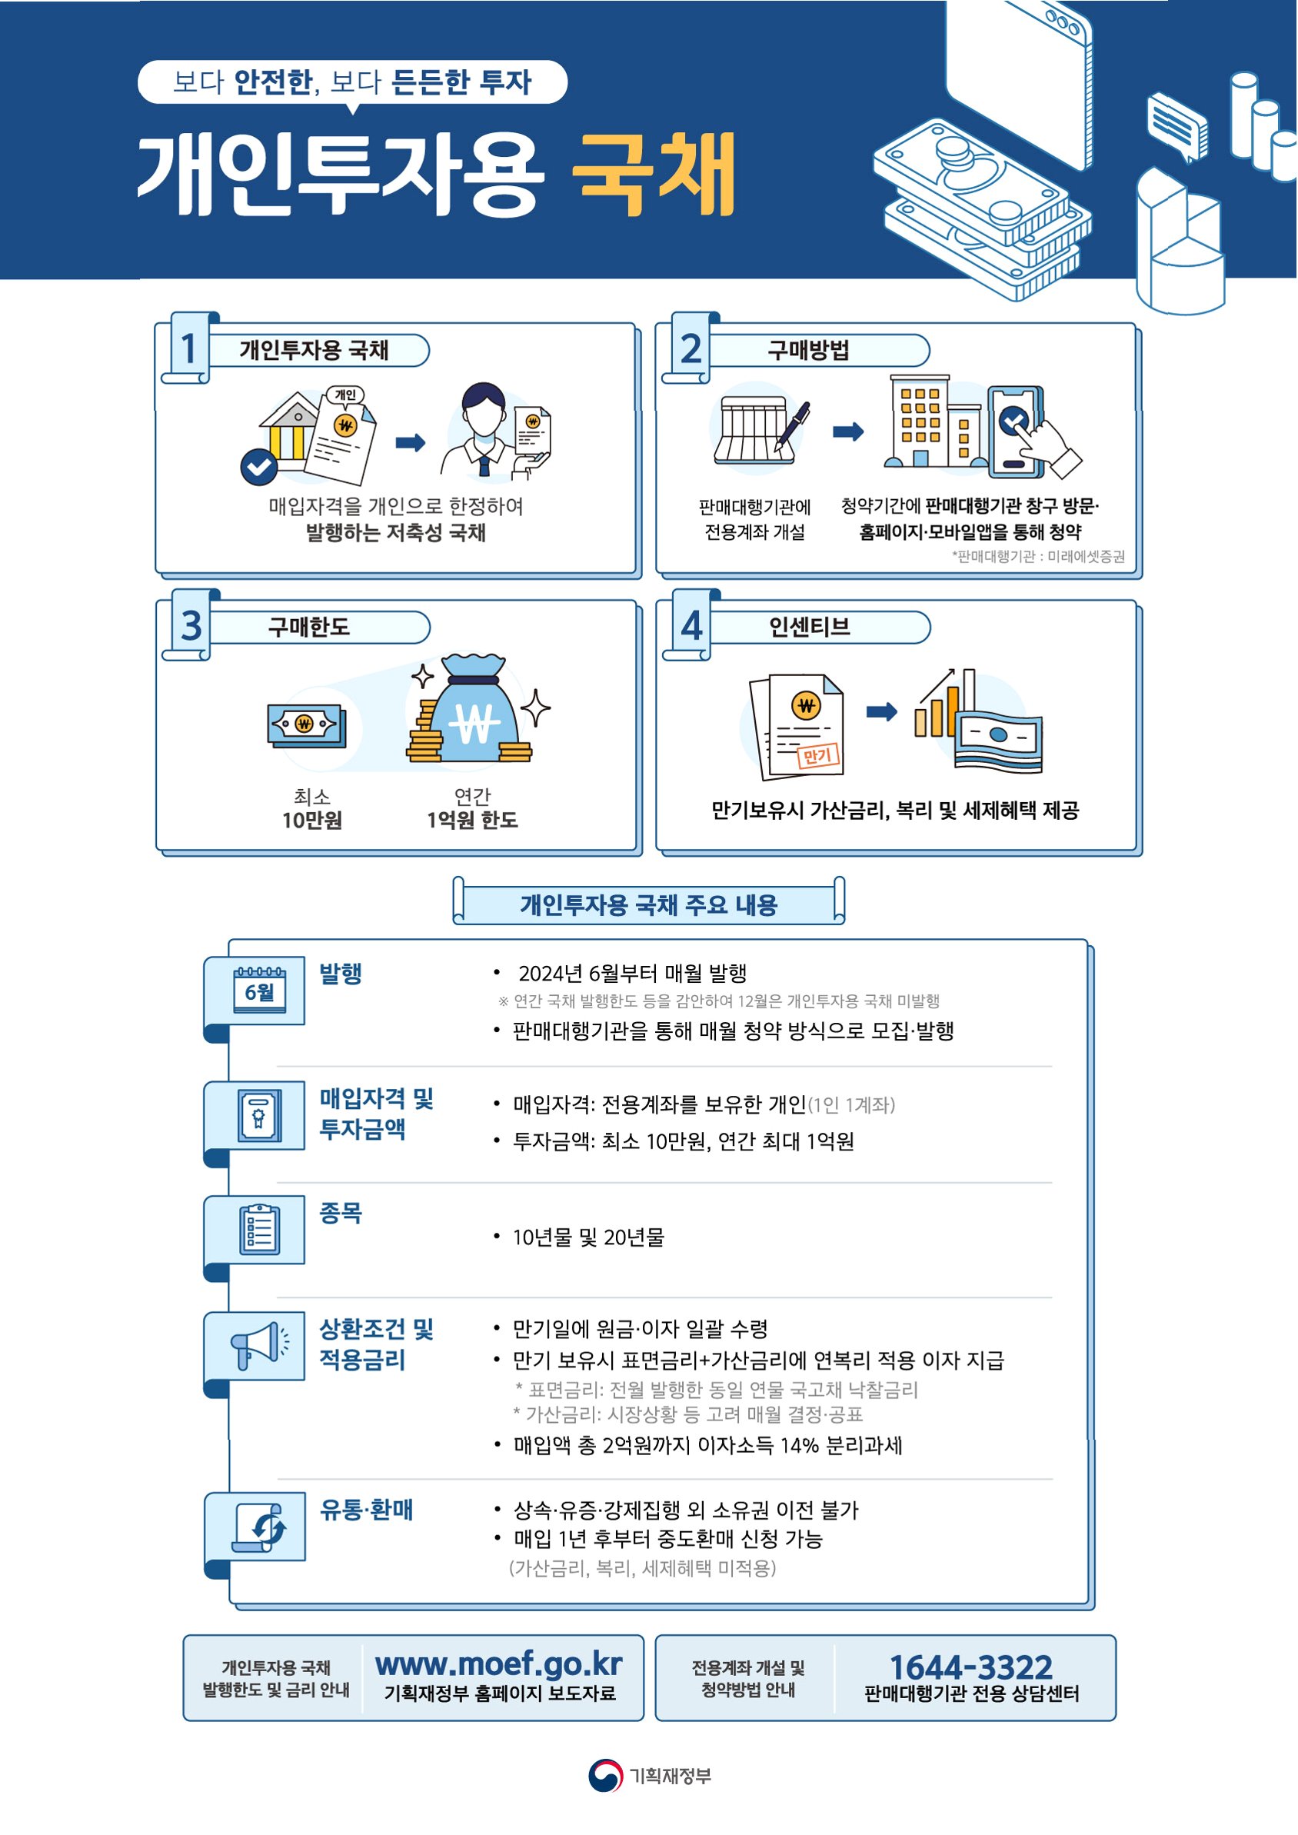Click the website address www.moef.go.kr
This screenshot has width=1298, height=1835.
[499, 1663]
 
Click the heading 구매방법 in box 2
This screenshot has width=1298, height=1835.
[808, 350]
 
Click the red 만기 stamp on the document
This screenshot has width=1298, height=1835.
[818, 755]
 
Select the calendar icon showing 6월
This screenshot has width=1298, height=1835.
[259, 991]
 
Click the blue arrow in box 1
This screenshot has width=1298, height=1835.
[410, 442]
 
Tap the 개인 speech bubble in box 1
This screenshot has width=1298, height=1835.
[345, 395]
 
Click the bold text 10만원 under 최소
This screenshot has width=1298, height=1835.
[311, 820]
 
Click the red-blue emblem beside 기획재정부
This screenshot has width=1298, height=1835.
[605, 1776]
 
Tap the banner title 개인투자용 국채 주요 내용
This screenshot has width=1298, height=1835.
[648, 904]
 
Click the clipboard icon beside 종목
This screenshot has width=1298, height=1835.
[259, 1229]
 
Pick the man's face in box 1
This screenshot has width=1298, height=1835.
[484, 413]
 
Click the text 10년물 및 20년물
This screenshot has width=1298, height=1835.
[588, 1237]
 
